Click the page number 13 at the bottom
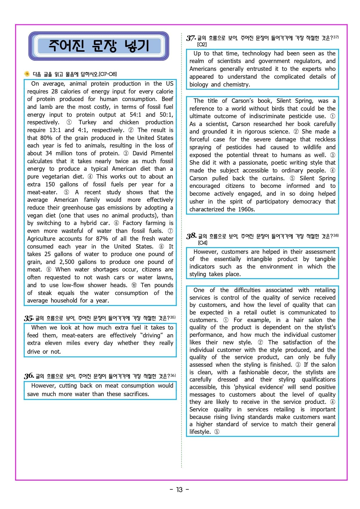(x=179, y=490)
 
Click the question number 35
(x=28, y=318)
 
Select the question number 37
(x=191, y=38)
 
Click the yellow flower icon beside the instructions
(x=27, y=74)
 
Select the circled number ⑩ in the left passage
(x=134, y=285)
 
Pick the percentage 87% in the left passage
(x=100, y=239)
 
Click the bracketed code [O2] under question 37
(x=202, y=44)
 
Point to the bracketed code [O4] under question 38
(x=203, y=243)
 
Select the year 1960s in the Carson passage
(x=246, y=209)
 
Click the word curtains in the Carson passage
(x=273, y=178)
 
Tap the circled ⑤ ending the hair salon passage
(x=217, y=432)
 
